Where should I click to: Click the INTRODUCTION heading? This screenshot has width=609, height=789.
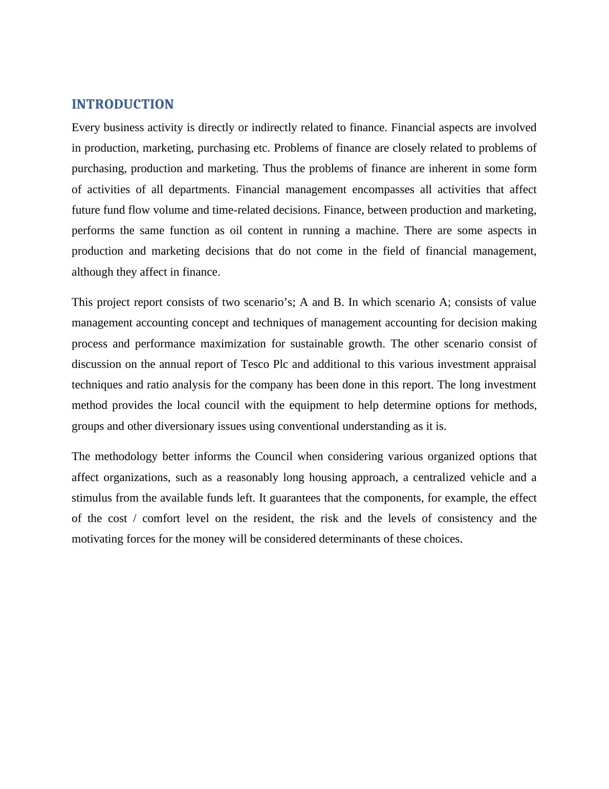tap(122, 105)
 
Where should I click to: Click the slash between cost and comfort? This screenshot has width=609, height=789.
tap(135, 518)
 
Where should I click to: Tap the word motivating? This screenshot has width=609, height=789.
tap(95, 539)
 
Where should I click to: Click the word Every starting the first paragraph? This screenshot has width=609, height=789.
tap(85, 128)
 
